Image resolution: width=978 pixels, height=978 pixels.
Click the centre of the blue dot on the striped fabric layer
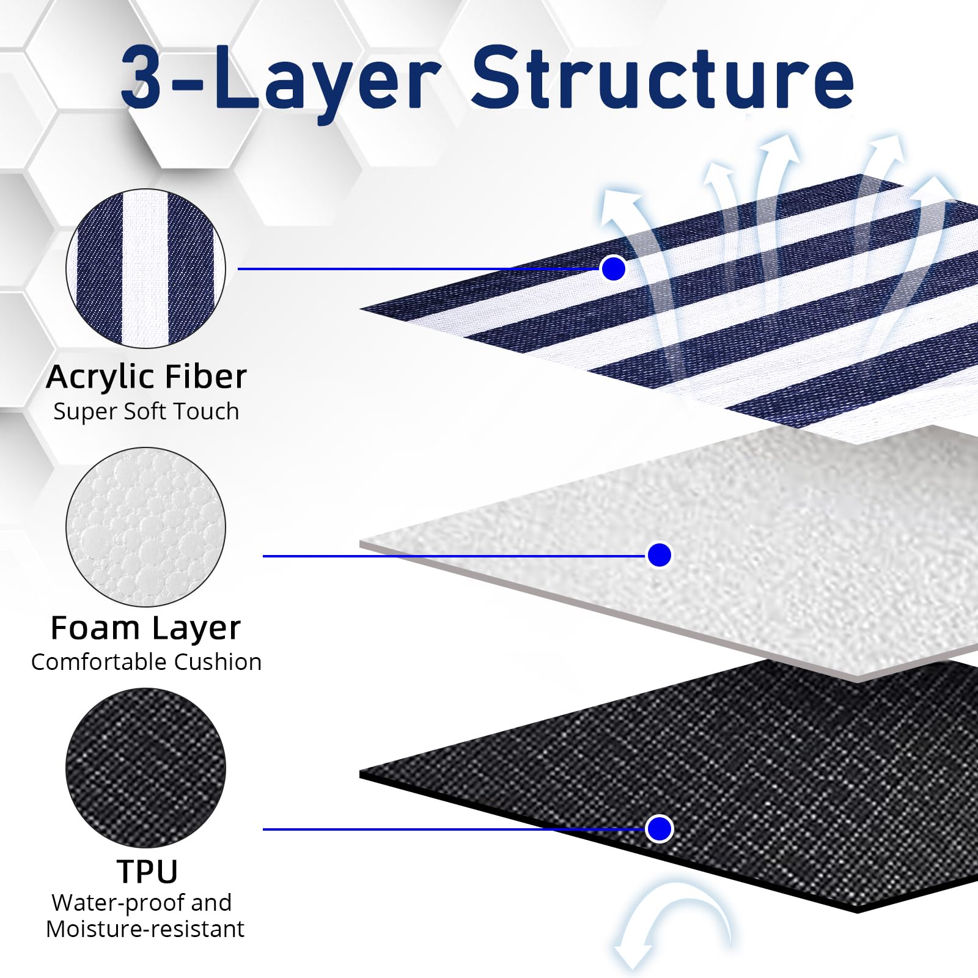(x=613, y=268)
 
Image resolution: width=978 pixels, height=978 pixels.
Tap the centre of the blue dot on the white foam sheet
(x=659, y=555)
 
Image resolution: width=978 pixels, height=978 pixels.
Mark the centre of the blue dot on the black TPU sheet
(x=659, y=829)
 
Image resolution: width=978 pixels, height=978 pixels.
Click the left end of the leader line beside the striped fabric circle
(x=238, y=268)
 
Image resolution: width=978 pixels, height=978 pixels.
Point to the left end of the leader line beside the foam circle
(x=263, y=556)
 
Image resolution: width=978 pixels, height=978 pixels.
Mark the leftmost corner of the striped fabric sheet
(x=360, y=309)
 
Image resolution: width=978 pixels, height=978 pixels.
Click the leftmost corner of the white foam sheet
(x=360, y=543)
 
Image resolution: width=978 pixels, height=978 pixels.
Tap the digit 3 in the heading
(x=142, y=76)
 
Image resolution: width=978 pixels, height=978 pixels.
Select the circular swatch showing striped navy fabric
(x=145, y=268)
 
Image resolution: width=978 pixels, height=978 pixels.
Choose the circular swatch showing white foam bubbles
(x=145, y=527)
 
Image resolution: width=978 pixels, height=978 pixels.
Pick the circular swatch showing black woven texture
(x=145, y=768)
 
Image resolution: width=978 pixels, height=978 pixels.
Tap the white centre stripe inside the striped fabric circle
(x=145, y=268)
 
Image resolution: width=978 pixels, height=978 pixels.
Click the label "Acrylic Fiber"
(x=146, y=377)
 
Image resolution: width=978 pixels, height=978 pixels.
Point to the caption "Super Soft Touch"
(x=146, y=412)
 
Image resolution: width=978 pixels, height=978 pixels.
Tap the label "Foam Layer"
(x=145, y=628)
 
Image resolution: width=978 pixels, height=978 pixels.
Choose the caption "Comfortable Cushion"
(x=146, y=661)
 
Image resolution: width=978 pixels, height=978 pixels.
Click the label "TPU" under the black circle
(x=147, y=871)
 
